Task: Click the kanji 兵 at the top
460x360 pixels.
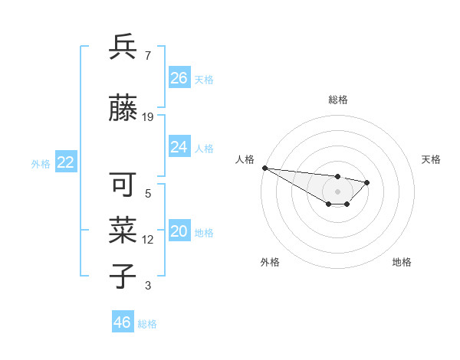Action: click(123, 47)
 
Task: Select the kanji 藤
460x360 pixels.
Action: click(123, 108)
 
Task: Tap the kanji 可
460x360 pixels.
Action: click(123, 185)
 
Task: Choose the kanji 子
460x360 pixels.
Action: click(123, 277)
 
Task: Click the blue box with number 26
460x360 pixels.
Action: click(179, 78)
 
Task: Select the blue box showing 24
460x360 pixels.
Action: click(179, 147)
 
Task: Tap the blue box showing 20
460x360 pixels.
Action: click(179, 232)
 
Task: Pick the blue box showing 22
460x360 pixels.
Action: click(65, 162)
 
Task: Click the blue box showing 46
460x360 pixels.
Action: click(122, 322)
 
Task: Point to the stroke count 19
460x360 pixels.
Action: click(148, 117)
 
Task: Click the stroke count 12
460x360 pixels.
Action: click(148, 240)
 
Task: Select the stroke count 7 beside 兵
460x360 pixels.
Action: click(147, 56)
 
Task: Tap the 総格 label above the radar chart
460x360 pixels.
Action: click(337, 100)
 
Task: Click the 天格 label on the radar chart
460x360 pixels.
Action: click(431, 159)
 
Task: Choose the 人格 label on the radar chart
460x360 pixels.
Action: click(245, 159)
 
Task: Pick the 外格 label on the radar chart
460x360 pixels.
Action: click(270, 262)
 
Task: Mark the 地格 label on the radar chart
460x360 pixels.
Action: click(402, 262)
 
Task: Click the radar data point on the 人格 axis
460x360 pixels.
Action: click(264, 168)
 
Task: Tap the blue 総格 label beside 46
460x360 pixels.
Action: click(147, 324)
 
